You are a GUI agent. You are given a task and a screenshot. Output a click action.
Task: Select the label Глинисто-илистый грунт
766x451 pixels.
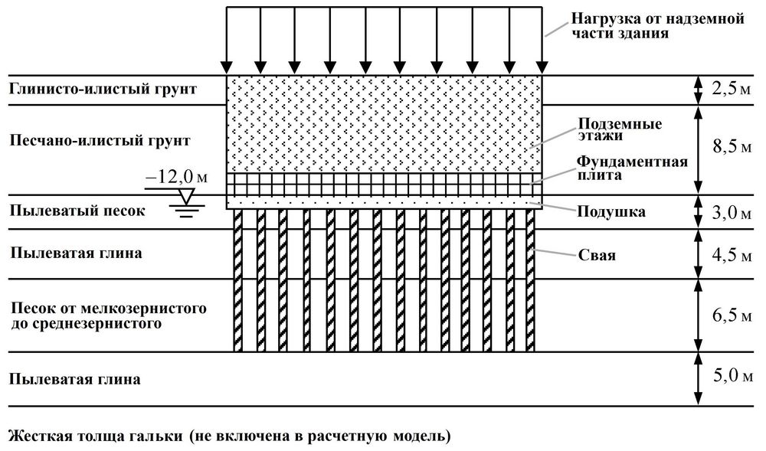click(103, 89)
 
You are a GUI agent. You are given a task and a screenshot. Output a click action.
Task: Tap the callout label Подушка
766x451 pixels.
click(610, 211)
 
